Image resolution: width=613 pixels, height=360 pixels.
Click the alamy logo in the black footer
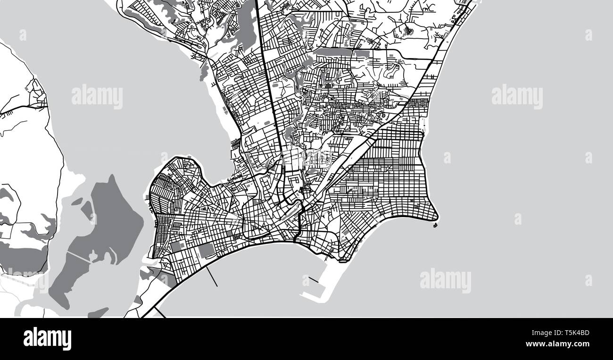pyautogui.click(x=47, y=339)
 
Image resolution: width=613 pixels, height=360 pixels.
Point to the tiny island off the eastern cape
pyautogui.click(x=434, y=226)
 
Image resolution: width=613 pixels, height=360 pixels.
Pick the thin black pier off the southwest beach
pyautogui.click(x=212, y=276)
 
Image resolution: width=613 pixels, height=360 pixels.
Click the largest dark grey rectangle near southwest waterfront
pyautogui.click(x=207, y=251)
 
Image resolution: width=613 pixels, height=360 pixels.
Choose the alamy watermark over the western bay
pyautogui.click(x=97, y=97)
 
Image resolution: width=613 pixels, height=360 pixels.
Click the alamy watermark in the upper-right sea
pyautogui.click(x=517, y=97)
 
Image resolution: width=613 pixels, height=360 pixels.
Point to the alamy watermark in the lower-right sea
pyautogui.click(x=445, y=281)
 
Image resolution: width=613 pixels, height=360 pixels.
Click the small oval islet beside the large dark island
pyautogui.click(x=87, y=208)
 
